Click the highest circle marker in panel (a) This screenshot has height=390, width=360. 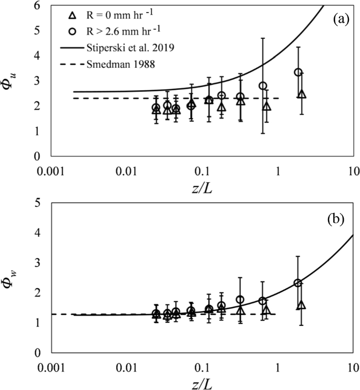[x=298, y=72]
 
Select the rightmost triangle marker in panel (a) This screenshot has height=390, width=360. [x=302, y=94]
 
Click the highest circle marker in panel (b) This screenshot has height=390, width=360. [x=298, y=283]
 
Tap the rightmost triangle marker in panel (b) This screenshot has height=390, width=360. [x=302, y=305]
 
